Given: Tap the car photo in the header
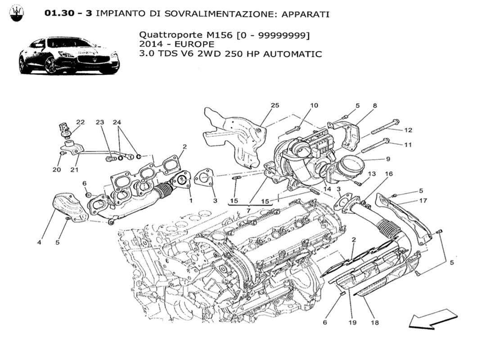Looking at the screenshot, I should pos(69,56).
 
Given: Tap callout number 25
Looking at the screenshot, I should pos(274,105).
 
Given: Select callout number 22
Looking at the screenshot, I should pos(80,122).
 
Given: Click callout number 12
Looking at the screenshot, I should pos(408,130).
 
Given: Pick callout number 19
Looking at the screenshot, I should pos(351,322).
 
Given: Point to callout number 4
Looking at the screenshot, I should pos(40,243).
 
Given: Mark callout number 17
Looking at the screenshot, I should pos(423,201).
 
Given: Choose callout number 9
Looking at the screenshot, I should pos(387,158).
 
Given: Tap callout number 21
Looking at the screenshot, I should pos(74,170).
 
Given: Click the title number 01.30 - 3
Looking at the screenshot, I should pos(68,13).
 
